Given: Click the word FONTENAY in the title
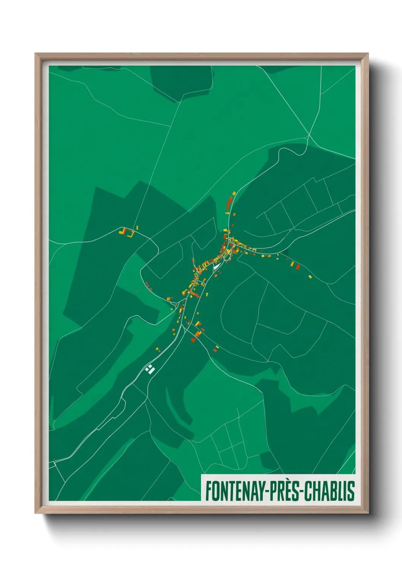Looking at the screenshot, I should (235, 491).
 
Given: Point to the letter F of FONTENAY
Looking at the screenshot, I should (208, 491).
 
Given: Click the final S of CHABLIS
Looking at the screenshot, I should (351, 491).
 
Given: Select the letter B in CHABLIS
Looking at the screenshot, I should (334, 491).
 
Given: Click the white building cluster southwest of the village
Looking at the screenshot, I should (150, 369).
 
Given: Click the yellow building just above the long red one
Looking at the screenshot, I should (234, 193).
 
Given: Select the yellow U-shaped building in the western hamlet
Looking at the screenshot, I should (131, 233).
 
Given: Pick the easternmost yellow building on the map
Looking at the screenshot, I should (310, 277).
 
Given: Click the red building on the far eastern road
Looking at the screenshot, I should (298, 267).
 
